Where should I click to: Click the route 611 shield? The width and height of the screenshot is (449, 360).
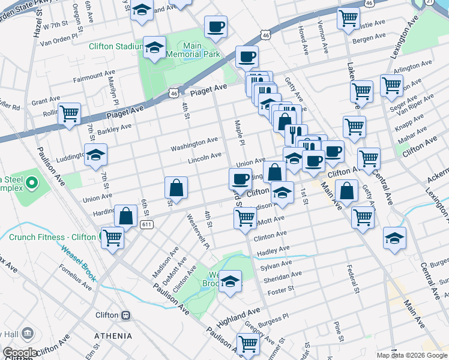(146, 224)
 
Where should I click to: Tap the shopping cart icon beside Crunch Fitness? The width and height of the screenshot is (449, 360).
(112, 238)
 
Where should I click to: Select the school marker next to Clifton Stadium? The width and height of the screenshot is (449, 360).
(155, 49)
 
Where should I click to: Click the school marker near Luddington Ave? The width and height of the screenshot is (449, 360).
(95, 155)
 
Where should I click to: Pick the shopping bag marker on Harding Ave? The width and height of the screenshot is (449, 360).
(127, 216)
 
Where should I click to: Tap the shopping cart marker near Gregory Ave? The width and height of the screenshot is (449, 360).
(248, 344)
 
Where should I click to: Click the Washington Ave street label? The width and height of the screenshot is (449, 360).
(194, 144)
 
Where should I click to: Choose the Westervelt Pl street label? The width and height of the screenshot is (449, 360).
(197, 232)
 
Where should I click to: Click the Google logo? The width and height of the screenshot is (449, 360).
(19, 353)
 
